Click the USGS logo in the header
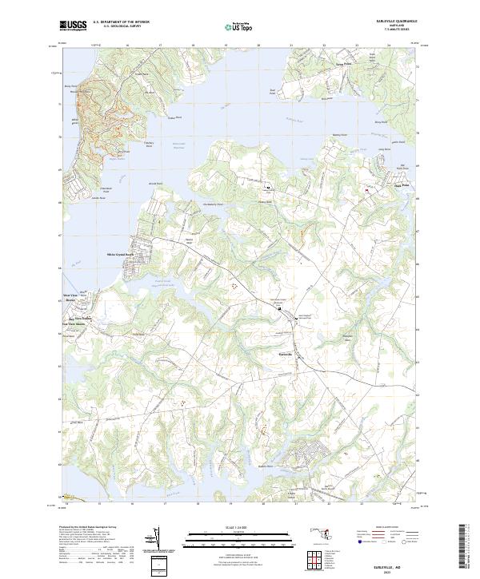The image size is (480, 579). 74,26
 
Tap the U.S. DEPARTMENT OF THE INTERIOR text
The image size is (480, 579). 121,22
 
